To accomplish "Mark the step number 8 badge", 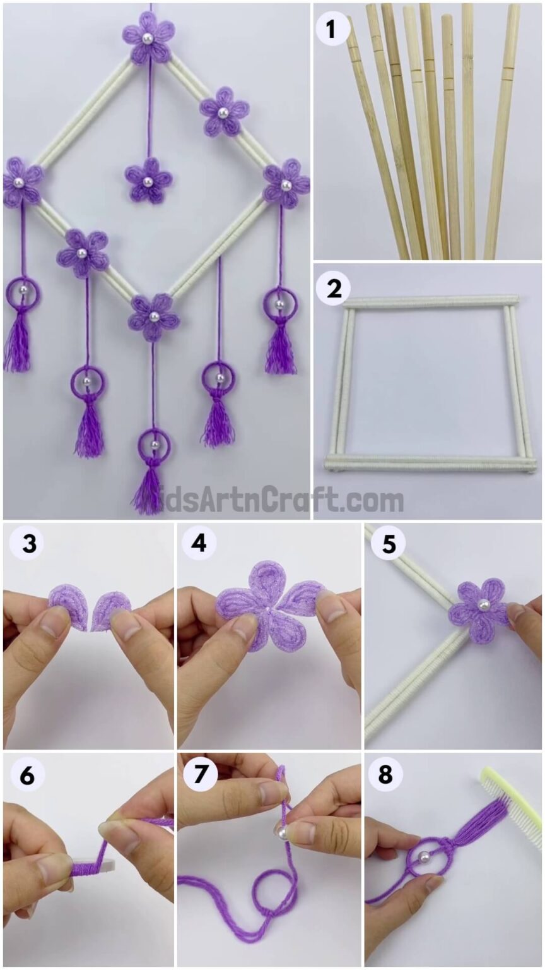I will (385, 774).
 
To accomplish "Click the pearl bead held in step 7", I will (282, 833).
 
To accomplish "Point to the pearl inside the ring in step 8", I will (425, 857).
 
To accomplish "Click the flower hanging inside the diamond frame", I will (148, 181).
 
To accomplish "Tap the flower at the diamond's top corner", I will (148, 38).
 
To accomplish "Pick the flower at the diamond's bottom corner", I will (154, 316).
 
